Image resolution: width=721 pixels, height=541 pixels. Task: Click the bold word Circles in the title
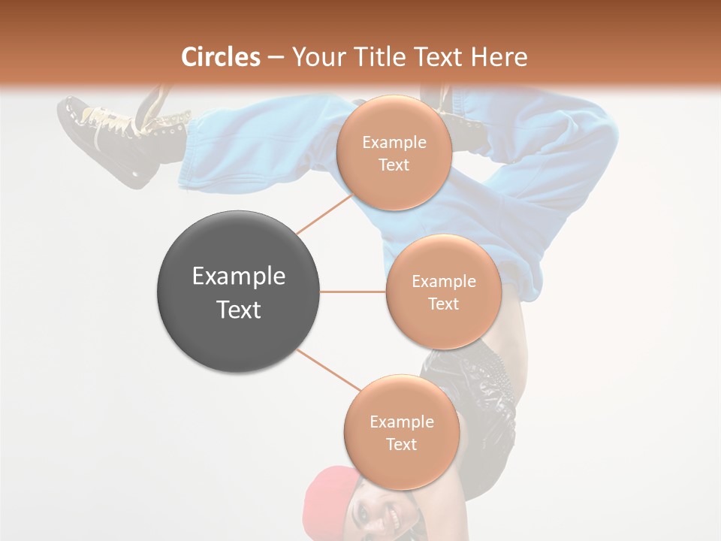pos(221,56)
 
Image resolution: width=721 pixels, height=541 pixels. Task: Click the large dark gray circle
pos(238,292)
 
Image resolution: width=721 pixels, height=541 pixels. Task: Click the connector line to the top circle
pos(324,214)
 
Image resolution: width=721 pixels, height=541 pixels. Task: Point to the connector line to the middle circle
pos(353,292)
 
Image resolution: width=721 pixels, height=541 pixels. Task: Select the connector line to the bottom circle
pos(329,370)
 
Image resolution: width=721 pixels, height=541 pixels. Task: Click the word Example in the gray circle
pos(238,277)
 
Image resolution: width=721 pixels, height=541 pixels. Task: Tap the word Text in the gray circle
pos(238,310)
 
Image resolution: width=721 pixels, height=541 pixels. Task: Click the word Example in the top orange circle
pos(394,143)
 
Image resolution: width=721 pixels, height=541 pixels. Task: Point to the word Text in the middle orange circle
pos(443,304)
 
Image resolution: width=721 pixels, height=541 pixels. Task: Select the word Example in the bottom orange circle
pos(401,422)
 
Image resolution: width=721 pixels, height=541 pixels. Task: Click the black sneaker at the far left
pos(113,139)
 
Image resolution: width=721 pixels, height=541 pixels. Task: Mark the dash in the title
pos(276,57)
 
